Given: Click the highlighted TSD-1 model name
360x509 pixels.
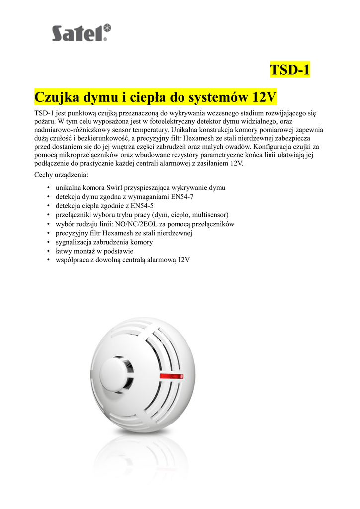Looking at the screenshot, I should click(290, 70).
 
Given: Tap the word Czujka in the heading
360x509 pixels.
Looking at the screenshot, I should click(55, 95).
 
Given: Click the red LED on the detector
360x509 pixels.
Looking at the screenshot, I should click(171, 376).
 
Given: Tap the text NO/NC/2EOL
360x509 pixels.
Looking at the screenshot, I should click(136, 224).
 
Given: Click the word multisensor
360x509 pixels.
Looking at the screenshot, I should click(208, 215).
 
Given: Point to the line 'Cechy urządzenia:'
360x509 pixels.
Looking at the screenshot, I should click(62, 175).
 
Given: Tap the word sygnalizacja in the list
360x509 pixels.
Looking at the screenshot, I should click(76, 242).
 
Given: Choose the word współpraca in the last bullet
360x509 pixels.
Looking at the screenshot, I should click(74, 259).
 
